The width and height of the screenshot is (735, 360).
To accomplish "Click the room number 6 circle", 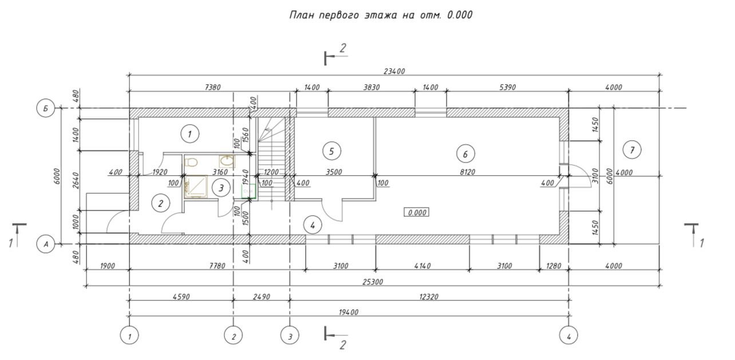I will click(465, 153).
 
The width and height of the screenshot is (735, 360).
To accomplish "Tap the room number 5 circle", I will click(331, 151).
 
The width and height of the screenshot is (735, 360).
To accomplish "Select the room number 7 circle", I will click(632, 150).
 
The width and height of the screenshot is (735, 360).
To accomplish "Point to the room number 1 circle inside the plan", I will click(189, 134).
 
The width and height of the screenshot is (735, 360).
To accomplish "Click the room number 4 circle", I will click(313, 225).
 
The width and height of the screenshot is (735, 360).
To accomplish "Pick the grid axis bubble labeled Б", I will click(45, 108).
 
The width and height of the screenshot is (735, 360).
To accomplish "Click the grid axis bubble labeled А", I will click(45, 244).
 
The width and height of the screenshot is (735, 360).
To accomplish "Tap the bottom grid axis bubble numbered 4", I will click(568, 335).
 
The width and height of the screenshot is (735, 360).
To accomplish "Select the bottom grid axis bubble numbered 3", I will click(290, 335).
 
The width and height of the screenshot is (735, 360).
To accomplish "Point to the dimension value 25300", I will click(373, 282).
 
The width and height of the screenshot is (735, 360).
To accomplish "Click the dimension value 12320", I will click(427, 296).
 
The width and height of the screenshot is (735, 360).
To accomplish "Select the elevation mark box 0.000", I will click(417, 212).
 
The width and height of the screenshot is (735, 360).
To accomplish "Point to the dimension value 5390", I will click(507, 88).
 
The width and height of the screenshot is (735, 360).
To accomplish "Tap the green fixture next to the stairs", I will click(248, 191).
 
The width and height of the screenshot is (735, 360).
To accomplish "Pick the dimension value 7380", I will click(212, 88).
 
